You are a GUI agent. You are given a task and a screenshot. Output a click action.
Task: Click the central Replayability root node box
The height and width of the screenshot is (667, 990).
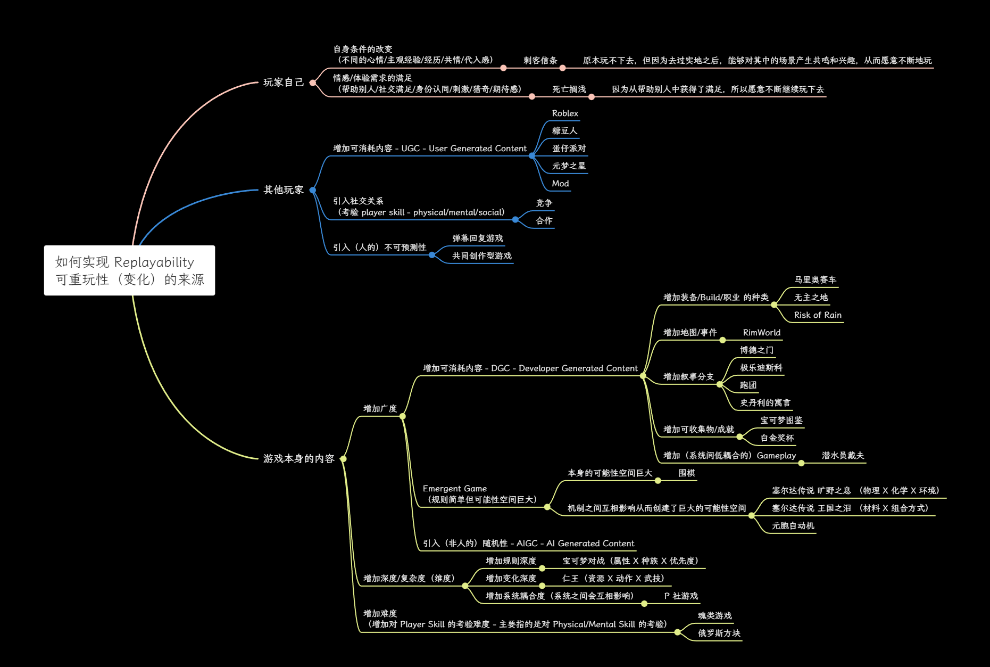pos(129,270)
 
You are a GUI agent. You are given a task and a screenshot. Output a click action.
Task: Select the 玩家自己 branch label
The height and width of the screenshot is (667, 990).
pos(284,83)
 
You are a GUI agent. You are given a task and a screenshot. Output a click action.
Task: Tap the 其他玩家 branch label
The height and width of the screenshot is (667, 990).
pos(284,190)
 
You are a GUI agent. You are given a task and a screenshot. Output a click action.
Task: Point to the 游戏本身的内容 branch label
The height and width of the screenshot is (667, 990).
pos(298,459)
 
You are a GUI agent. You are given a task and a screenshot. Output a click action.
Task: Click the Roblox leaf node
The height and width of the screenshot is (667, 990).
pos(565,113)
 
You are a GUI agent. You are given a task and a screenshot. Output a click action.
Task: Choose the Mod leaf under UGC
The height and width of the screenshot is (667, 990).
pos(560,184)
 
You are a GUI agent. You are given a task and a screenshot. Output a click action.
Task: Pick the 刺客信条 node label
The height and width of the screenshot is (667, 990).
pos(540,61)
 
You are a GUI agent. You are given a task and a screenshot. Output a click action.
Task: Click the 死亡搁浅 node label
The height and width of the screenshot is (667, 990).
pos(569,89)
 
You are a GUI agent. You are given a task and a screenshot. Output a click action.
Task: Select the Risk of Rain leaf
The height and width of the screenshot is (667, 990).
pos(818,315)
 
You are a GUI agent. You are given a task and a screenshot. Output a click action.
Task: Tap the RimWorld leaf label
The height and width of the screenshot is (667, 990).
pos(761,333)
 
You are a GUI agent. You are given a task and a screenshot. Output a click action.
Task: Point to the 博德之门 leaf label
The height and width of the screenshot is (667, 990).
pos(756,350)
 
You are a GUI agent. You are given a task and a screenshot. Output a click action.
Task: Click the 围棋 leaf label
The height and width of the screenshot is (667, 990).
pos(686,473)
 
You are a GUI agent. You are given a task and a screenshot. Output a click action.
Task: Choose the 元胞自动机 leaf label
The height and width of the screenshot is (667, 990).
pos(793,526)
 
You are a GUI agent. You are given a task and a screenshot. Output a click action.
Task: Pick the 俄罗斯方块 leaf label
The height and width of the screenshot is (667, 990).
pos(719,633)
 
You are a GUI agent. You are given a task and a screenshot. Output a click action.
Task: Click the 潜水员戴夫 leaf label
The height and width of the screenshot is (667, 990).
pos(843,456)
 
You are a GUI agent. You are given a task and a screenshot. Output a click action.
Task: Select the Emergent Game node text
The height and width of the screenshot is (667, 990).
pos(455,489)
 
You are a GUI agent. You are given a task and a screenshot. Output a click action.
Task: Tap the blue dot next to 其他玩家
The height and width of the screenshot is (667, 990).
pos(313,190)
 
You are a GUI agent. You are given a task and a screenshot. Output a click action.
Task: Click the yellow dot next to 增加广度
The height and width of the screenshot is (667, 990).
pos(403,416)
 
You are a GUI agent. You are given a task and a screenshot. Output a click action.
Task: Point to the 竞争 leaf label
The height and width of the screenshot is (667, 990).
pos(544,203)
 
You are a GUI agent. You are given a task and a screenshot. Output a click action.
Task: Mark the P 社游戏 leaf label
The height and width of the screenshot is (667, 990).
pos(681,596)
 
